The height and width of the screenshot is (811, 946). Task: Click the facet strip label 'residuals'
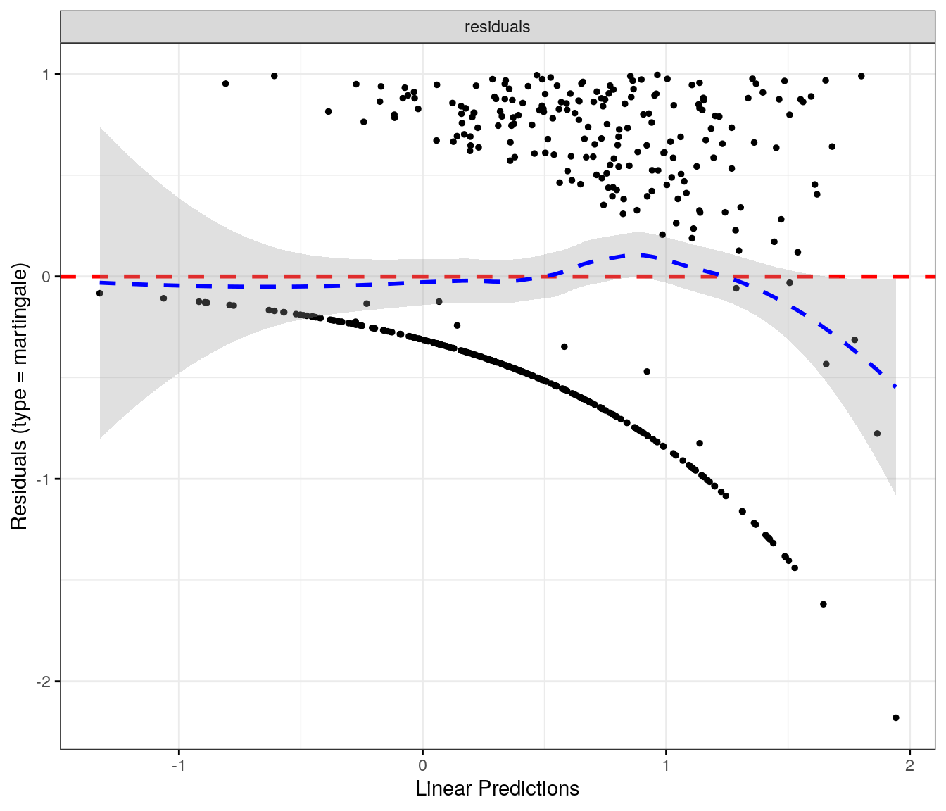(x=497, y=27)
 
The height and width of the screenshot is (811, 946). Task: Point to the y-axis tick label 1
(x=46, y=75)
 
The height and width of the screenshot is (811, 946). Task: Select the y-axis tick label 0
(x=46, y=277)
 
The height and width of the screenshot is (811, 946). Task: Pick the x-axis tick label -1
(x=178, y=766)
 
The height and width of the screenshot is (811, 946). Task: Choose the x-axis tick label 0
(x=422, y=766)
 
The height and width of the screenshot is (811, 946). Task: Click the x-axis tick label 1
(x=666, y=766)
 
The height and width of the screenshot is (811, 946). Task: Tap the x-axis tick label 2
(x=909, y=766)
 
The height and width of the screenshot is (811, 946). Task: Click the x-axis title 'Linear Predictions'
(x=497, y=788)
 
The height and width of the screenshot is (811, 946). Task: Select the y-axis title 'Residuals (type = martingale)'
(x=19, y=396)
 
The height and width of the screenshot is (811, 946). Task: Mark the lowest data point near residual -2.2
(x=895, y=717)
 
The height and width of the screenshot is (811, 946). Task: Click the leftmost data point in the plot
(x=99, y=293)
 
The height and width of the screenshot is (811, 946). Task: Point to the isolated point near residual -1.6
(x=823, y=604)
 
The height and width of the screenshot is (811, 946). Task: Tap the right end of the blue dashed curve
(x=895, y=386)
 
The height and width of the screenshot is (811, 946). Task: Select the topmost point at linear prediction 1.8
(x=861, y=76)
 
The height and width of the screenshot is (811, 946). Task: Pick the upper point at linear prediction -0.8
(x=225, y=84)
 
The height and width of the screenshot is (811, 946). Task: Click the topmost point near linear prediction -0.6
(x=274, y=76)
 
